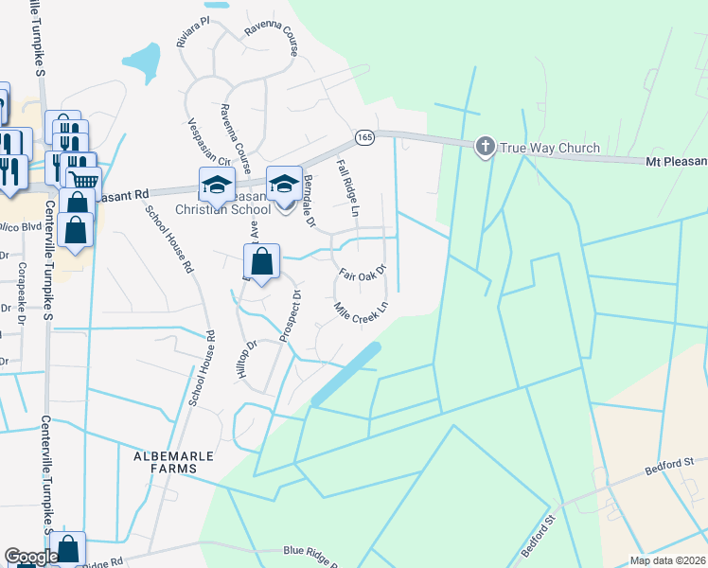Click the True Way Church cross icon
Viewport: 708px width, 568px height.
point(485,146)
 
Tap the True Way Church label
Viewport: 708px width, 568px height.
point(550,148)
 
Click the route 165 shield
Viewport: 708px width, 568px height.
point(364,138)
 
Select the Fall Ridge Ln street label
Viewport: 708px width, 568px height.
point(347,187)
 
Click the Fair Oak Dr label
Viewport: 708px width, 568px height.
point(363,272)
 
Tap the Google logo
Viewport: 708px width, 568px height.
point(30,557)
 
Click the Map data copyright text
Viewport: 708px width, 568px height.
point(667,560)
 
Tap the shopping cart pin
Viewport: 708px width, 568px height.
point(84,177)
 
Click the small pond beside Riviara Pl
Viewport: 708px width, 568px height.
point(142,62)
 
